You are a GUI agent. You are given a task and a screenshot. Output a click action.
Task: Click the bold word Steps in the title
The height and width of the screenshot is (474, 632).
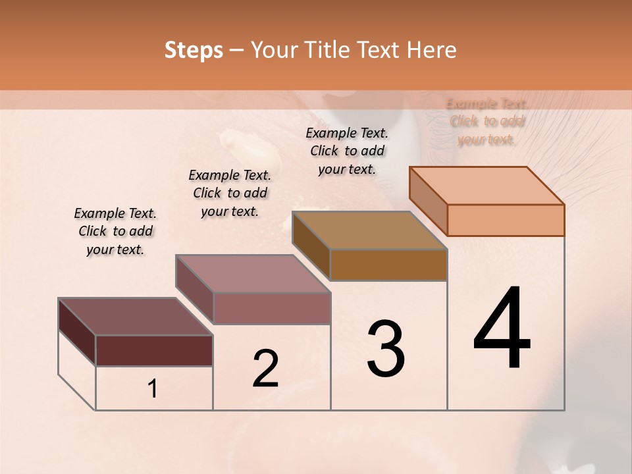click(x=193, y=50)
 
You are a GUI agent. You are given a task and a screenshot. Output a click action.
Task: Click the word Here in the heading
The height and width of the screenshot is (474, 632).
click(x=431, y=50)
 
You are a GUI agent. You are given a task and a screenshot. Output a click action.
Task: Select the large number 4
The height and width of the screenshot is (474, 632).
click(x=502, y=329)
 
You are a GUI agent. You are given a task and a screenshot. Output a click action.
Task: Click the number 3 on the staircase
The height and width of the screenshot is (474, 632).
click(x=386, y=349)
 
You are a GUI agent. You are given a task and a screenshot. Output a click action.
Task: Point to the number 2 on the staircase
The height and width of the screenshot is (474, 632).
click(x=265, y=369)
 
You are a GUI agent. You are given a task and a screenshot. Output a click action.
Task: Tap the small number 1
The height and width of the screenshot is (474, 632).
click(x=153, y=389)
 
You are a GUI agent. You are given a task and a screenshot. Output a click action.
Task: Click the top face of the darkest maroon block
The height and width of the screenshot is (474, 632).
click(x=135, y=317)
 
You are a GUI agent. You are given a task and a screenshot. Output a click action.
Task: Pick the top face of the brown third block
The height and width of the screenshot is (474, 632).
click(x=369, y=230)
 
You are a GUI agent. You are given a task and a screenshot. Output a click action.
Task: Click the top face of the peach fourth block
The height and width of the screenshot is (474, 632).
click(x=487, y=186)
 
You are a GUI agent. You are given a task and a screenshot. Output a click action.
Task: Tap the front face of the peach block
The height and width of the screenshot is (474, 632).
click(x=506, y=220)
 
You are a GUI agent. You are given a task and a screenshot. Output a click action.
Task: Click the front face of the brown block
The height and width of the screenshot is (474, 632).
click(x=388, y=265)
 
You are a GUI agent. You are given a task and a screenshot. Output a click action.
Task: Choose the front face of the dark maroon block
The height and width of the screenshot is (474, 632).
click(x=154, y=350)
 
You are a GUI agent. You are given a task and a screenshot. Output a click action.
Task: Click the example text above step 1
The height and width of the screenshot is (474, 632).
click(x=115, y=232)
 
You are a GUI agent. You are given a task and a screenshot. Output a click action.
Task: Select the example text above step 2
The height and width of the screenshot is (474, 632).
click(x=230, y=193)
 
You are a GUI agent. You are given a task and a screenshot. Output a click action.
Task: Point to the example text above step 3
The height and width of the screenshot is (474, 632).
click(x=347, y=151)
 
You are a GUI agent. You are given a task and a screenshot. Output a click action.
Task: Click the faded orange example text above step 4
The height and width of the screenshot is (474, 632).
click(x=487, y=122)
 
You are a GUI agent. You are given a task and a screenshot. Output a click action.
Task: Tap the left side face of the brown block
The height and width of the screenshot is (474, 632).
click(x=311, y=246)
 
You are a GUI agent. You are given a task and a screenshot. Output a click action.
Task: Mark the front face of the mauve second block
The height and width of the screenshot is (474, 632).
click(x=271, y=308)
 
